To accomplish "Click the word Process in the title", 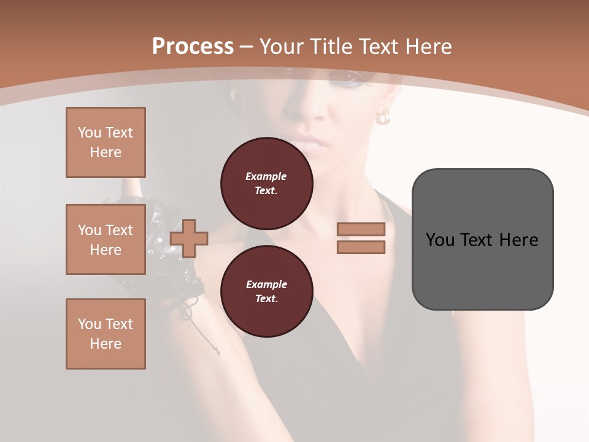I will pyautogui.click(x=193, y=47).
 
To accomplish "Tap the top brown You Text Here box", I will pyautogui.click(x=106, y=142).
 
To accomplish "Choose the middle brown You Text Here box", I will pyautogui.click(x=106, y=239).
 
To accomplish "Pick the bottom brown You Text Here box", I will pyautogui.click(x=106, y=333).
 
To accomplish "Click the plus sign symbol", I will pyautogui.click(x=189, y=238).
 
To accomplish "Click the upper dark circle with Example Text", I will pyautogui.click(x=266, y=183).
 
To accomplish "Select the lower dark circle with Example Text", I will pyautogui.click(x=266, y=291).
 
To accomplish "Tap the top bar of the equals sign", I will pyautogui.click(x=361, y=229).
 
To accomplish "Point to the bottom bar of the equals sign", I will pyautogui.click(x=361, y=247).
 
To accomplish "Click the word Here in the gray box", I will pyautogui.click(x=518, y=240).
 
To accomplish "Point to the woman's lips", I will pyautogui.click(x=310, y=143).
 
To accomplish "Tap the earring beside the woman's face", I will pyautogui.click(x=383, y=117).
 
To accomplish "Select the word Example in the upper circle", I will pyautogui.click(x=266, y=176).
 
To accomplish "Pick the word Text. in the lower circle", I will pyautogui.click(x=266, y=298).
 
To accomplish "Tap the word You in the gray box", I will pyautogui.click(x=440, y=240).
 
